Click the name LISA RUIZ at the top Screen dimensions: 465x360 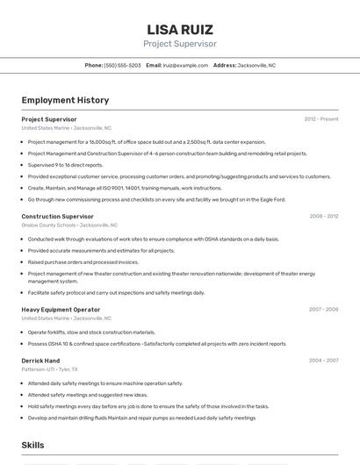click(180, 29)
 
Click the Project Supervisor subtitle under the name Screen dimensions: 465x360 click(180, 44)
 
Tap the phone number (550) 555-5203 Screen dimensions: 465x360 click(122, 65)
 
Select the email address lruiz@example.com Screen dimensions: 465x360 click(185, 65)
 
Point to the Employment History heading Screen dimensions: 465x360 click(65, 100)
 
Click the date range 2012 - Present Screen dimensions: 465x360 click(320, 119)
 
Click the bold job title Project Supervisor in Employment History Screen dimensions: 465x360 click(49, 119)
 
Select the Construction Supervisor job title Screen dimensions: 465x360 click(57, 216)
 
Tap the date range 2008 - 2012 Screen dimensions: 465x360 click(323, 216)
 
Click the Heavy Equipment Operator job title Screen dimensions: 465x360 click(61, 309)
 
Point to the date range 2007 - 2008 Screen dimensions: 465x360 click(323, 309)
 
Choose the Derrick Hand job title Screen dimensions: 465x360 click(40, 361)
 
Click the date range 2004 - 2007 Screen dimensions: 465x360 click(323, 361)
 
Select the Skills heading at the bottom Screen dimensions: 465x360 click(33, 446)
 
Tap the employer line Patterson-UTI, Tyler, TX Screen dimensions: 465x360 click(50, 369)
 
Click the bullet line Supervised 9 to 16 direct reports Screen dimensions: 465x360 click(65, 165)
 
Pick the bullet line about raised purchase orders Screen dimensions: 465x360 click(83, 261)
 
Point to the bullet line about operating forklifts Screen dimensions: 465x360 click(91, 333)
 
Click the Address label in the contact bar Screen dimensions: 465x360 click(225, 65)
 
